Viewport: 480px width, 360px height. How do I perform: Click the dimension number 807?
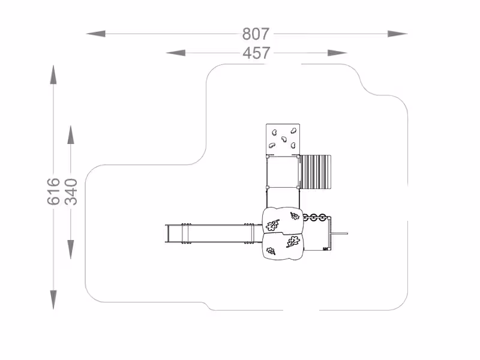256,34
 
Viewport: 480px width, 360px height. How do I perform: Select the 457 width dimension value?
257,53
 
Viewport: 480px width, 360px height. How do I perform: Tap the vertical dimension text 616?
53,191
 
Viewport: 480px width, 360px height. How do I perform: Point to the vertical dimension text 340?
71,191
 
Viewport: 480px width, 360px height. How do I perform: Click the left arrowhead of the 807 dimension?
96,34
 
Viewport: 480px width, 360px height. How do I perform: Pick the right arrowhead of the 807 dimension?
397,34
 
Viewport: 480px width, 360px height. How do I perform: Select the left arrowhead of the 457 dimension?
176,53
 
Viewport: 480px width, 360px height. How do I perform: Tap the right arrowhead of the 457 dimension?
337,53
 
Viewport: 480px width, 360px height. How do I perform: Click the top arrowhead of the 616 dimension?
53,74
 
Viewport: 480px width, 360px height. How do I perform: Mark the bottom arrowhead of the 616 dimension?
53,299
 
